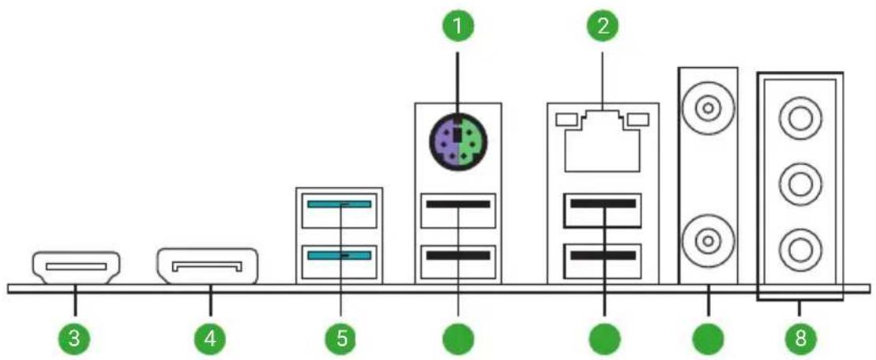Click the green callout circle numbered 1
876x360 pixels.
click(x=458, y=27)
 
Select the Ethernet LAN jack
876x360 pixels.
click(x=602, y=144)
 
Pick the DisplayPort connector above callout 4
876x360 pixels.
click(x=208, y=266)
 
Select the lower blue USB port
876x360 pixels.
click(x=339, y=261)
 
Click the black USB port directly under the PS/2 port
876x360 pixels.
click(x=459, y=211)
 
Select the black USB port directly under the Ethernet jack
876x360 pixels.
click(x=603, y=210)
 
